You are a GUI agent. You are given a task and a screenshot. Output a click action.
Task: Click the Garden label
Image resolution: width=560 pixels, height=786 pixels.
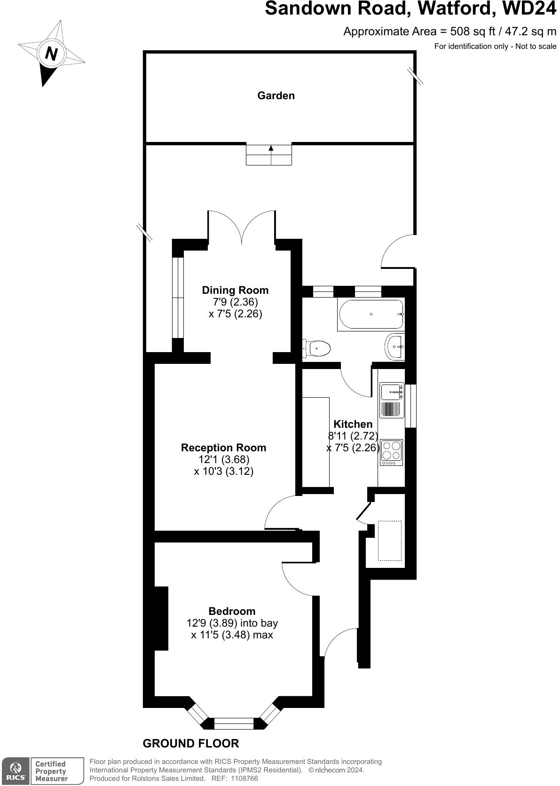[276, 95]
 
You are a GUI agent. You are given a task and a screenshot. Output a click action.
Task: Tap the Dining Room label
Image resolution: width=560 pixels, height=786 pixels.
[235, 290]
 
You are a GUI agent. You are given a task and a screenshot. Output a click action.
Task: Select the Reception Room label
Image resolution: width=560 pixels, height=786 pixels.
[223, 448]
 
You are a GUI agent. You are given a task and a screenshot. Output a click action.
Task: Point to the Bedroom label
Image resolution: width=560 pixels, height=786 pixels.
[232, 611]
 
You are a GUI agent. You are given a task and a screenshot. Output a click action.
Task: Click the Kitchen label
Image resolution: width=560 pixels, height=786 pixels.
[353, 424]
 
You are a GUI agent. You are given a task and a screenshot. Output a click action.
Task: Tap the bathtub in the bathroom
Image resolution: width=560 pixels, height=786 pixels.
[371, 314]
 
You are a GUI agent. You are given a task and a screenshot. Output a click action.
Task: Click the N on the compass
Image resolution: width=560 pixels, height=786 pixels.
[51, 54]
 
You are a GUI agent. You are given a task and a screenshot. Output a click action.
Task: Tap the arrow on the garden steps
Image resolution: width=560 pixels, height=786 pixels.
[271, 149]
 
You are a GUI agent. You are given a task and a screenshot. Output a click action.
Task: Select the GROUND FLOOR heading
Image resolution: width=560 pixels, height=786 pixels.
[191, 743]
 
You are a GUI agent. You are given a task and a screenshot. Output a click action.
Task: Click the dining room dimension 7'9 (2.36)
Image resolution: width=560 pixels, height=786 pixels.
[235, 302]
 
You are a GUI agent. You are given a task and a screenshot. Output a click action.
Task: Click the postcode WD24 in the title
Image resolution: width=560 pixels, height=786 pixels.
[529, 8]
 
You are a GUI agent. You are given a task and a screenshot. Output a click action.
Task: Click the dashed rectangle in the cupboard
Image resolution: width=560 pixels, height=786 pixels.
[390, 541]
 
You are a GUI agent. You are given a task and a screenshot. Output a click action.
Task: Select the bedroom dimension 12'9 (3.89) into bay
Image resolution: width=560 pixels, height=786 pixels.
[232, 623]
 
